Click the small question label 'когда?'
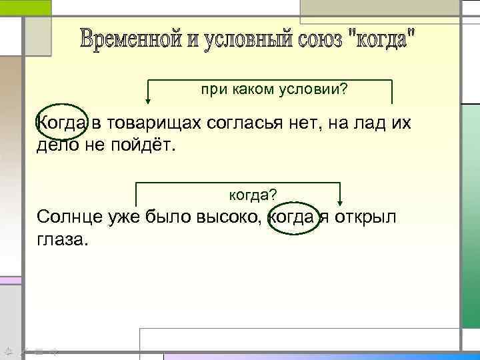[253, 194]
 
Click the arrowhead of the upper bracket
[147, 101]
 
